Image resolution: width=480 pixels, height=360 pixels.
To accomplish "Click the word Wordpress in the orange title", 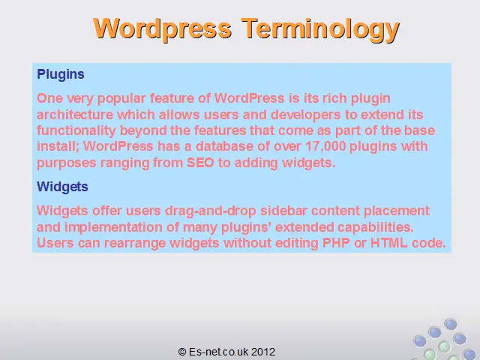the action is point(163,28).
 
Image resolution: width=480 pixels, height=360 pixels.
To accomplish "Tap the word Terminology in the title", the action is point(320,30).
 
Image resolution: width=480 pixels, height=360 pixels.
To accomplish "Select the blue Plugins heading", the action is point(61,75).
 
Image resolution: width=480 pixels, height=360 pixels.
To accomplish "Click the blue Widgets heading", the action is point(62,187).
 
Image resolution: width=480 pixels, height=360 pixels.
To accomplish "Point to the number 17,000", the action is point(325,147).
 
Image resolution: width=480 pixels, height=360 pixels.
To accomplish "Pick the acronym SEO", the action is point(200,163).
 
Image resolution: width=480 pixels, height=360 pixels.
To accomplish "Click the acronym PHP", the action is point(336,243).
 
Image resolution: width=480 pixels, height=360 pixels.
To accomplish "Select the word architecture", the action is point(75,115).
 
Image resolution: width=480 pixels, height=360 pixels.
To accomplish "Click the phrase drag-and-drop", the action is point(211,211).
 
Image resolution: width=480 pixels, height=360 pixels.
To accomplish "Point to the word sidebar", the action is point(283,211).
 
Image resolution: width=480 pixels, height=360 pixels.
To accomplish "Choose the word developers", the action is point(306,115).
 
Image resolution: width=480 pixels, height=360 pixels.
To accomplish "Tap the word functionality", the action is point(76,130).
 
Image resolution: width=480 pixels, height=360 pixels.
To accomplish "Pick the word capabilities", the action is point(376,227).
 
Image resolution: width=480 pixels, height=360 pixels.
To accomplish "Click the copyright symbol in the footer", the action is point(182,352).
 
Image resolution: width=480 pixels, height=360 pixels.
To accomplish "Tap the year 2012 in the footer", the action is point(263,352).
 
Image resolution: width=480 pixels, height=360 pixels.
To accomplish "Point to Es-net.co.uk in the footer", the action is point(219,352).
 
